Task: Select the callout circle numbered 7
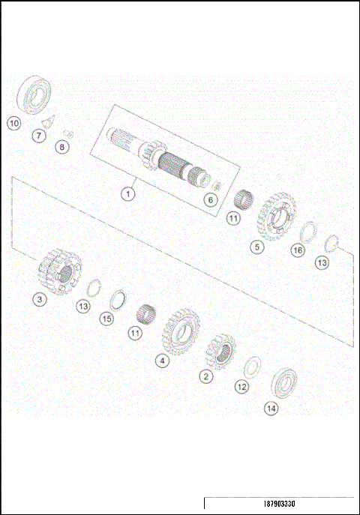coord(37,136)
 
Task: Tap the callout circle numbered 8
coord(62,147)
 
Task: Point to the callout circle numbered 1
coord(128,193)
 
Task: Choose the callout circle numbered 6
coord(210,200)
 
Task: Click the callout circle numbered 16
coord(298,250)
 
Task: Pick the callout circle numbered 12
coord(241,387)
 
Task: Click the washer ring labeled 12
coord(253,367)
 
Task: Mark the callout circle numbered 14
coord(271,409)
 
